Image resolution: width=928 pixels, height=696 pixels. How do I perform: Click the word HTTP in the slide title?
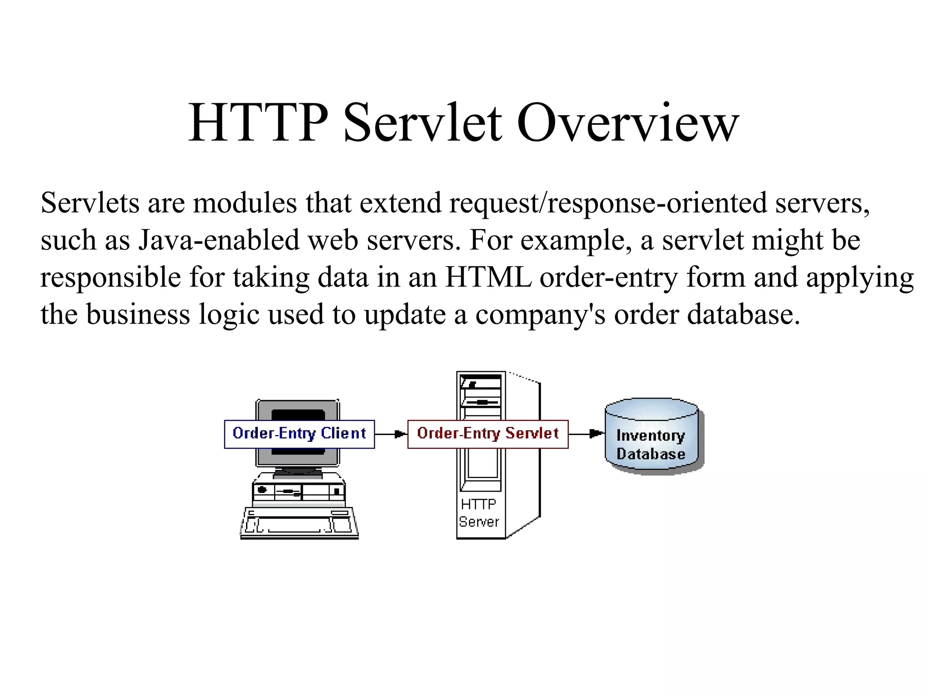click(x=258, y=123)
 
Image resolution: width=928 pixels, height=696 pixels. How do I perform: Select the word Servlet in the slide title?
click(x=422, y=123)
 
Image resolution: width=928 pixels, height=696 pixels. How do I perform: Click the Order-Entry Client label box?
click(x=299, y=434)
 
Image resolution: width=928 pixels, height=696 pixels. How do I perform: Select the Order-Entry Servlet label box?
click(x=488, y=434)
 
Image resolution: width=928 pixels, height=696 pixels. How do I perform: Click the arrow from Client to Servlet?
click(x=391, y=434)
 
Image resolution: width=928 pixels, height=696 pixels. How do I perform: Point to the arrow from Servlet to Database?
click(x=586, y=434)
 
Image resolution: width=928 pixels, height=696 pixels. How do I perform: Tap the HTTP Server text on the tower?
click(x=478, y=513)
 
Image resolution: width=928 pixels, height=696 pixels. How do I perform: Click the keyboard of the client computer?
click(x=299, y=523)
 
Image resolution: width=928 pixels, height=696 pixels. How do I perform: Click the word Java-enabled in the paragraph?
click(x=219, y=240)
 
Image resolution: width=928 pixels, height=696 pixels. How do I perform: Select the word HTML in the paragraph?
click(x=488, y=277)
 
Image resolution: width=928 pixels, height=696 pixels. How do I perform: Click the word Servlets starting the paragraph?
click(x=90, y=203)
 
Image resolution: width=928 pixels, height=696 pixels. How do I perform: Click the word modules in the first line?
click(x=245, y=203)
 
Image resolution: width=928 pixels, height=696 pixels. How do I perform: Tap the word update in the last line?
click(x=405, y=315)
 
